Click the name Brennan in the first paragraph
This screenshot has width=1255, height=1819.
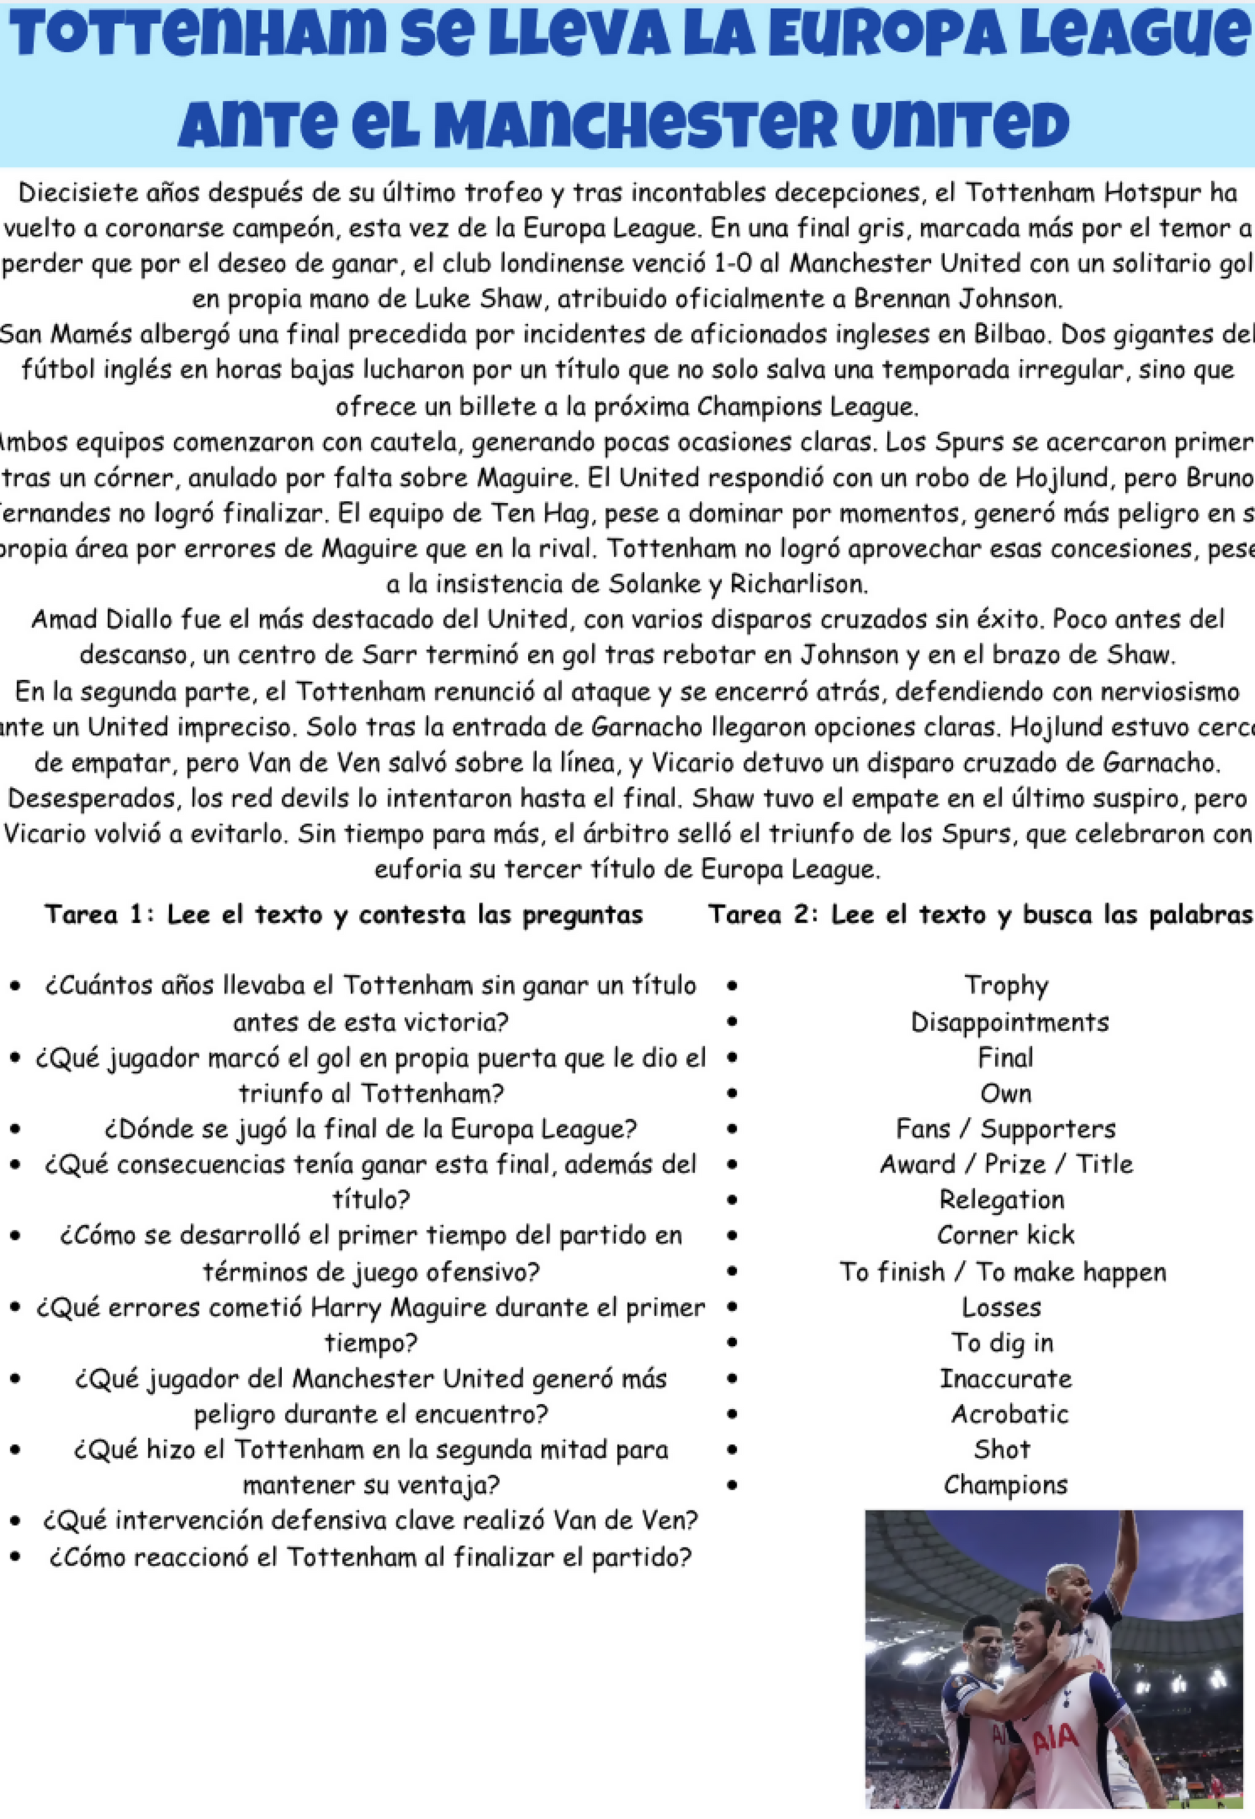(x=901, y=299)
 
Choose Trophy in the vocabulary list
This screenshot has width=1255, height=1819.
(x=1005, y=986)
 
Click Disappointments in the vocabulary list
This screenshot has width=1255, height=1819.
(x=1009, y=1022)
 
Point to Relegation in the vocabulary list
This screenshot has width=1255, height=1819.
(x=1001, y=1199)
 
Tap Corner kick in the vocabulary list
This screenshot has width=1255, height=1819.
(x=1005, y=1235)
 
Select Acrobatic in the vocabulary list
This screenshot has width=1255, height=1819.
(x=1010, y=1414)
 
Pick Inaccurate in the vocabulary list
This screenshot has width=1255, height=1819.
(x=1005, y=1378)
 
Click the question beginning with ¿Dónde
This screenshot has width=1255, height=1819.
(x=370, y=1129)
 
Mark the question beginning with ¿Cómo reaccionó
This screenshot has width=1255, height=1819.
(x=370, y=1556)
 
